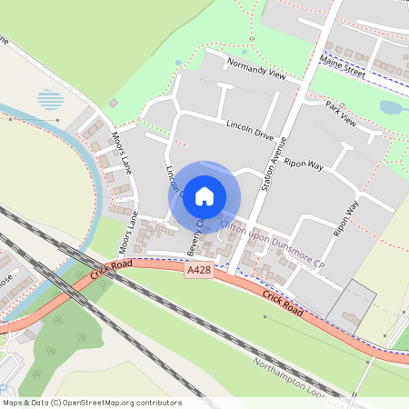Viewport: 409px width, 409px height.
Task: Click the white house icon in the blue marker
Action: pyautogui.click(x=204, y=195)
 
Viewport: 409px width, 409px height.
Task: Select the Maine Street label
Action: pyautogui.click(x=343, y=66)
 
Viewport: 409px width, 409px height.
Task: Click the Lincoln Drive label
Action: pyautogui.click(x=250, y=129)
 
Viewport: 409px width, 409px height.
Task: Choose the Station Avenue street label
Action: pyautogui.click(x=275, y=164)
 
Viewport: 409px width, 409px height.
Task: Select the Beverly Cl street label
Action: pyautogui.click(x=195, y=237)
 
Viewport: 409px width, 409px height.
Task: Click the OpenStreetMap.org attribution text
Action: pyautogui.click(x=104, y=403)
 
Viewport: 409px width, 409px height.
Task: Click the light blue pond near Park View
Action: pyautogui.click(x=392, y=108)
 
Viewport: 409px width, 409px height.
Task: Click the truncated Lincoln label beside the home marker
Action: pyautogui.click(x=174, y=181)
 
